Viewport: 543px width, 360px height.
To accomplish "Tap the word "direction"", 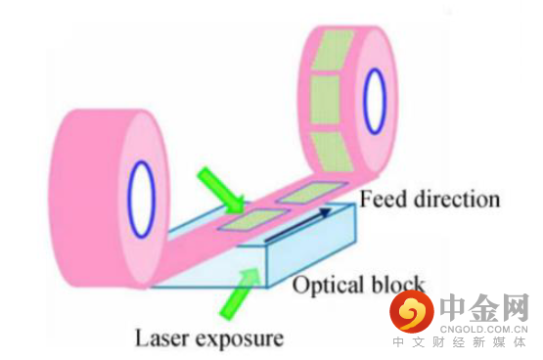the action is pos(457,200).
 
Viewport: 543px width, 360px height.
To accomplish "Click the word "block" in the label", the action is pos(398,284).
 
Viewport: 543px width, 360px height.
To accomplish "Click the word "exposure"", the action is pos(240,339).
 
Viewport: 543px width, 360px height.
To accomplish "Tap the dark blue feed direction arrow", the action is pos(298,224).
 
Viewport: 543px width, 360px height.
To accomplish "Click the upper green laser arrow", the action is pos(221,190).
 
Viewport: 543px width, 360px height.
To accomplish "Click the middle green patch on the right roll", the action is pos(325,100).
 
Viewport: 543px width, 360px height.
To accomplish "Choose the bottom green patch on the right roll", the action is pos(332,152).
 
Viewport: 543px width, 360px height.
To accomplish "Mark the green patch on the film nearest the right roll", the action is pos(313,192).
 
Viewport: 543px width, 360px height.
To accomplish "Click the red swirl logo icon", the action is pos(412,311).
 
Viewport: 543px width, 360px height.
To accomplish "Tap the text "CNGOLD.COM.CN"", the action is pos(483,330).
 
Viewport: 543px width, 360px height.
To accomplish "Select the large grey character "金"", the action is pos(485,308).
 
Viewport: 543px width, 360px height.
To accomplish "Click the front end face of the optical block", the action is pos(312,246).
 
